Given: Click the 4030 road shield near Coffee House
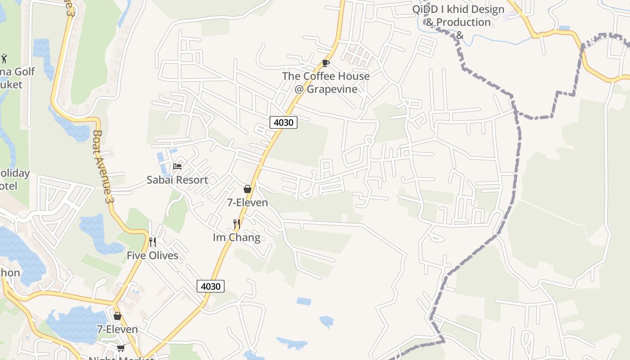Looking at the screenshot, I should (283, 122).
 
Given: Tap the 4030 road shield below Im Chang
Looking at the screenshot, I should (210, 286).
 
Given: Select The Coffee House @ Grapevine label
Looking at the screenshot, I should (326, 82).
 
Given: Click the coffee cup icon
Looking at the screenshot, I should (326, 63).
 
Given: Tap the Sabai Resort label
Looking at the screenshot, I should (177, 180).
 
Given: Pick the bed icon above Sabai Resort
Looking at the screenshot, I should (177, 166).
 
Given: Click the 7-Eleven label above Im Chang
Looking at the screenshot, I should (247, 202).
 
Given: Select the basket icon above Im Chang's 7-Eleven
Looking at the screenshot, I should (247, 189).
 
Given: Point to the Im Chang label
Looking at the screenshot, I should (236, 237).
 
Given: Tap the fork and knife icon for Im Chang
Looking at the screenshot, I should (236, 224).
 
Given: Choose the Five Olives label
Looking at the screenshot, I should (152, 256).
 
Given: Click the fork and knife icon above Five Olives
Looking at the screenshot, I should (153, 242).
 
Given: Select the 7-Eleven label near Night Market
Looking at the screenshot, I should (117, 329).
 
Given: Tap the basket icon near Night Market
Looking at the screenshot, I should (117, 316).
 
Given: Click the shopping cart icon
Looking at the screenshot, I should (121, 348).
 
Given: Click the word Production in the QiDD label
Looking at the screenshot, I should (464, 22).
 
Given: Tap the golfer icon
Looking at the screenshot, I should (4, 58).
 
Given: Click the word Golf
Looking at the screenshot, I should (24, 72).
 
